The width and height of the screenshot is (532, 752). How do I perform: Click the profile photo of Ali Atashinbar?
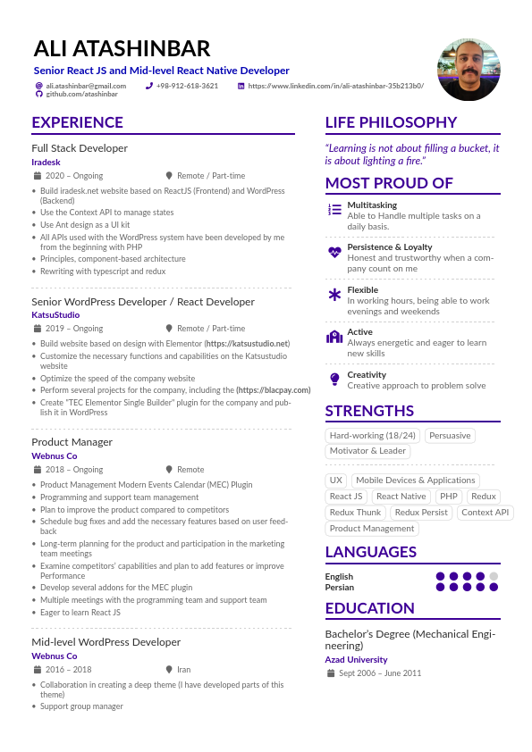pos(469,70)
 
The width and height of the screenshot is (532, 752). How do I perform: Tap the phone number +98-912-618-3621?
pos(187,86)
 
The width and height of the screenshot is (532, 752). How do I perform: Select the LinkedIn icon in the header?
pos(241,86)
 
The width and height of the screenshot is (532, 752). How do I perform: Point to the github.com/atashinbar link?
pos(81,94)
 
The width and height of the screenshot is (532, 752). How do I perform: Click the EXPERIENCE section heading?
pos(78,123)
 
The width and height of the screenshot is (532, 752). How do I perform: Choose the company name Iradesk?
pos(46,163)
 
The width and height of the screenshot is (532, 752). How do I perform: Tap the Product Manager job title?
pos(72,442)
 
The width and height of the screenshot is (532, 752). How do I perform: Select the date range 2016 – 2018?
pos(68,669)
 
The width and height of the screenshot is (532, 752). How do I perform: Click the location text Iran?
pos(183,669)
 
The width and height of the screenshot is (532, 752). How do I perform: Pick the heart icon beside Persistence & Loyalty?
pos(334,252)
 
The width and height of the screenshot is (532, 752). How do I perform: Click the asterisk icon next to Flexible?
pos(334,295)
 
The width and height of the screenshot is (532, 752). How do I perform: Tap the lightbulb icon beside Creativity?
pos(334,380)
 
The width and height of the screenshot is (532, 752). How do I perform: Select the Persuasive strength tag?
pos(449,436)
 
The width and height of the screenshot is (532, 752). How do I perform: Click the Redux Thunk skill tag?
pos(355,513)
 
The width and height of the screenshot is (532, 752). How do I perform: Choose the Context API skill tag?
pos(486,513)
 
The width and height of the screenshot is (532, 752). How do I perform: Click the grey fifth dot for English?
pos(494,577)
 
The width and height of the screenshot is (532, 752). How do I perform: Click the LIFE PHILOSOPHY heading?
pos(391,123)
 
